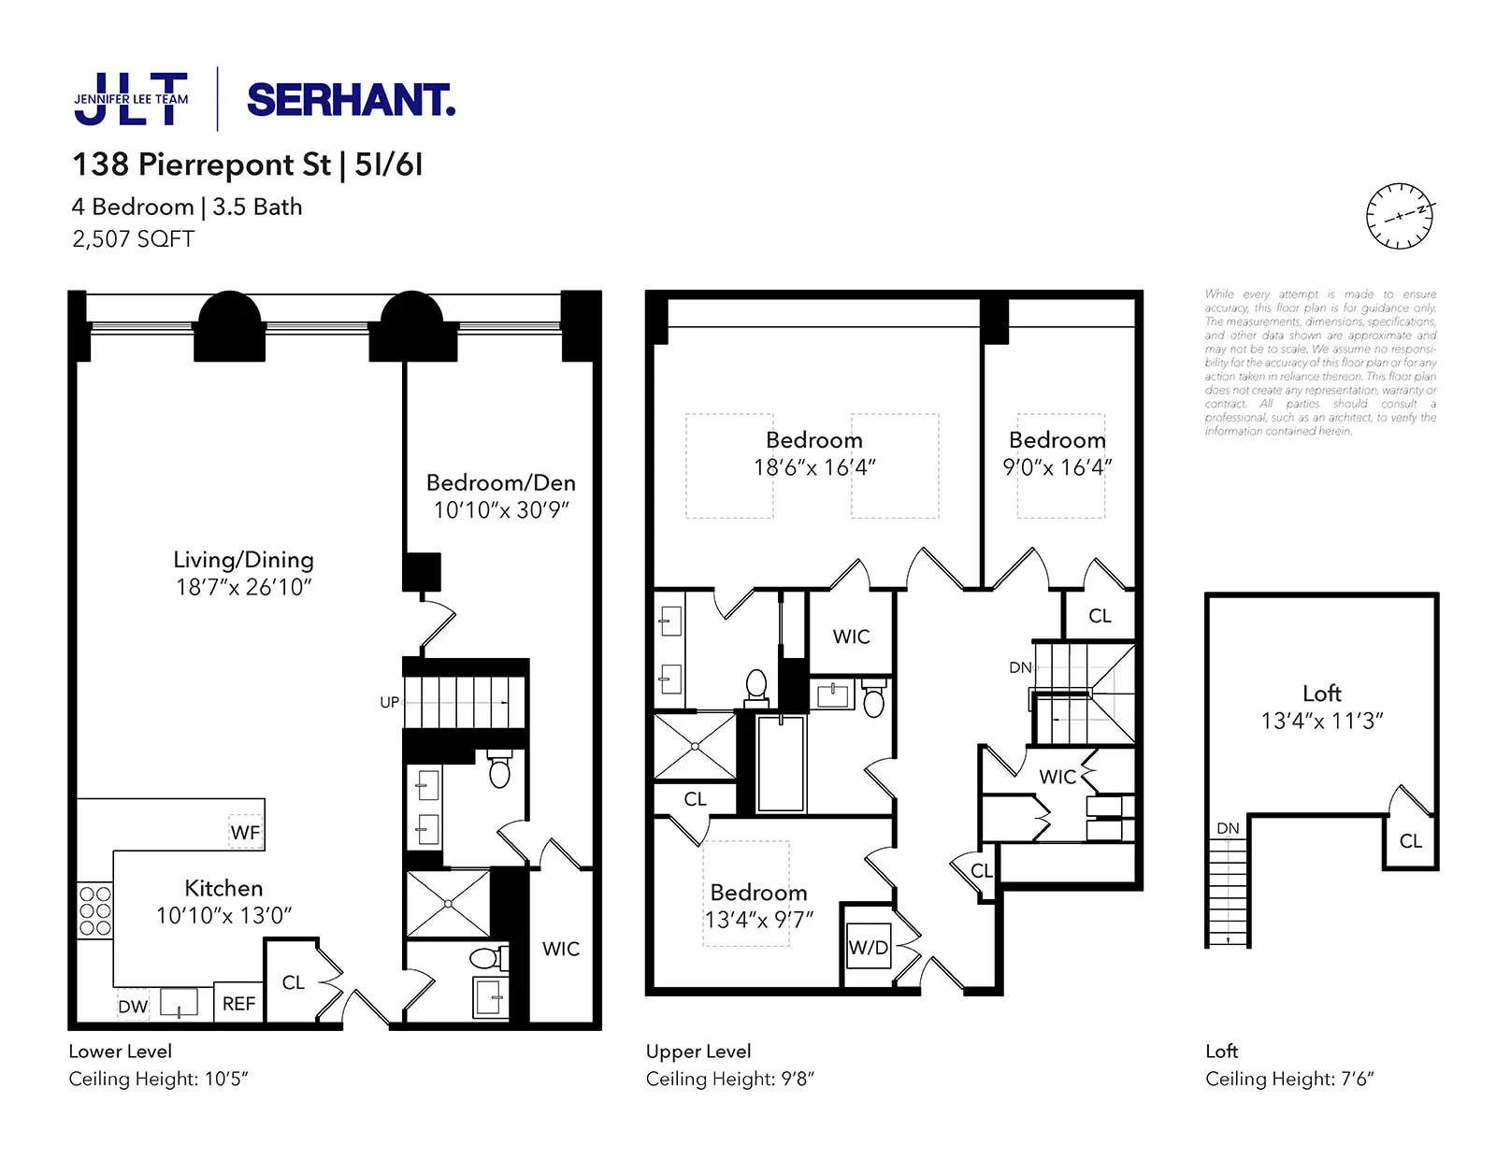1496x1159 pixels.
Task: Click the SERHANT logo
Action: pyautogui.click(x=351, y=100)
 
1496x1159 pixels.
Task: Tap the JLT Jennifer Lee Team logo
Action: pyautogui.click(x=131, y=99)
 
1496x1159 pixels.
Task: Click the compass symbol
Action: pyautogui.click(x=1399, y=216)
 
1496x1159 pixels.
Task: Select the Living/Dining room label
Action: pyautogui.click(x=243, y=560)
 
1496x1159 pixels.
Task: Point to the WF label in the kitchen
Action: pyautogui.click(x=245, y=832)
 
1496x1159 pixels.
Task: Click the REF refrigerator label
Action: pyautogui.click(x=238, y=1004)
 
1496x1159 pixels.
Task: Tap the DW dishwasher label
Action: pyautogui.click(x=133, y=1007)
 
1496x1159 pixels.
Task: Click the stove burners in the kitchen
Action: pyautogui.click(x=94, y=910)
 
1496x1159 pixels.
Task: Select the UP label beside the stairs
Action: pyautogui.click(x=389, y=702)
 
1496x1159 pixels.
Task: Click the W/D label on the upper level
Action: pyautogui.click(x=868, y=948)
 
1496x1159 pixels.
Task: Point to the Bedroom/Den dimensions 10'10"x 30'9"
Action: pyautogui.click(x=501, y=509)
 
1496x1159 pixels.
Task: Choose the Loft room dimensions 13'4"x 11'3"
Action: pyautogui.click(x=1321, y=721)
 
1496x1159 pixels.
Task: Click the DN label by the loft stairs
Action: pyautogui.click(x=1228, y=828)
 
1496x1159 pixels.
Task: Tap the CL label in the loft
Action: pyautogui.click(x=1410, y=841)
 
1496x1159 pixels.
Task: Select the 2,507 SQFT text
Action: pyautogui.click(x=133, y=239)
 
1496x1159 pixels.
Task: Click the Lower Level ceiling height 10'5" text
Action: pyautogui.click(x=158, y=1079)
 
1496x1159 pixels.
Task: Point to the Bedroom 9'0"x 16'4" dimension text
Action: pyautogui.click(x=1057, y=466)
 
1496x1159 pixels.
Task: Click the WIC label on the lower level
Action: pyautogui.click(x=560, y=949)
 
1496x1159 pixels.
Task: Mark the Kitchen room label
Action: pyautogui.click(x=223, y=888)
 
